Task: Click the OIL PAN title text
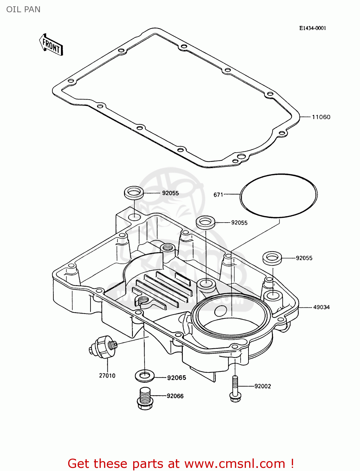click(x=23, y=9)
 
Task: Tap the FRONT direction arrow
click(x=51, y=45)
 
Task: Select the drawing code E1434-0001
click(x=312, y=28)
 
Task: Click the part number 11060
click(x=321, y=117)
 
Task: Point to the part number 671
click(x=218, y=195)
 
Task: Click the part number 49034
click(x=321, y=307)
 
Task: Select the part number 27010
click(x=107, y=376)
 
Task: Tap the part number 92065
click(x=176, y=378)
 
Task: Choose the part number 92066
click(x=175, y=396)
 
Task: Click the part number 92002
click(x=262, y=386)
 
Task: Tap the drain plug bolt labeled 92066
click(x=145, y=398)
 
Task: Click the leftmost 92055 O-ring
click(x=134, y=192)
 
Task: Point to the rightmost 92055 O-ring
click(x=272, y=257)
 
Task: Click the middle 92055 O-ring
click(x=205, y=222)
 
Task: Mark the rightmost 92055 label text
click(x=304, y=258)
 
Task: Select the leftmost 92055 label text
click(x=170, y=193)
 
